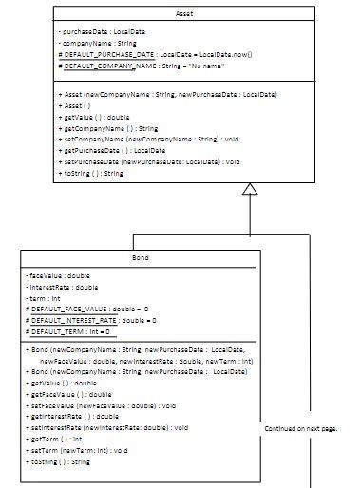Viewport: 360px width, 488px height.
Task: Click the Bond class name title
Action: (141, 258)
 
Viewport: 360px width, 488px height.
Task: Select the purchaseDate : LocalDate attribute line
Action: (100, 32)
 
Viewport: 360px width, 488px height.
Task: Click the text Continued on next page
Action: (301, 429)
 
